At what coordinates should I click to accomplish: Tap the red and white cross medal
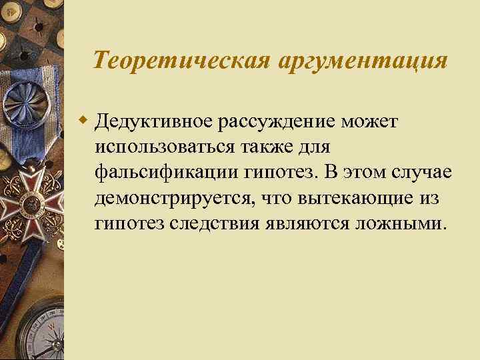coord(28,199)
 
